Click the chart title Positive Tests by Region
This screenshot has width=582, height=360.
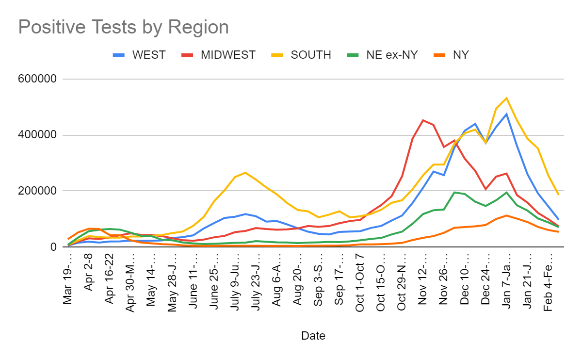(x=123, y=27)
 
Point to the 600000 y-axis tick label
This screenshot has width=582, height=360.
(x=39, y=79)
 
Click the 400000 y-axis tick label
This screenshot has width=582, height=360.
(x=39, y=135)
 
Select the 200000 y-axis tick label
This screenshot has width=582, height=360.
(x=39, y=191)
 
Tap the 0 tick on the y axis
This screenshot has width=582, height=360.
(x=53, y=247)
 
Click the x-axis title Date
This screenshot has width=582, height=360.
(x=313, y=336)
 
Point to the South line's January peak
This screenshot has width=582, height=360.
(x=506, y=98)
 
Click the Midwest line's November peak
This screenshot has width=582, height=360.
(x=423, y=120)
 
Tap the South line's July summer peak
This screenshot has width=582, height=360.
(x=245, y=172)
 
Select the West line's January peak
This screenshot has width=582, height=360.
(x=506, y=114)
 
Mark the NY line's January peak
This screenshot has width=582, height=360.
(x=506, y=215)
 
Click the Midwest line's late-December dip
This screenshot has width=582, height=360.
(x=485, y=189)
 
